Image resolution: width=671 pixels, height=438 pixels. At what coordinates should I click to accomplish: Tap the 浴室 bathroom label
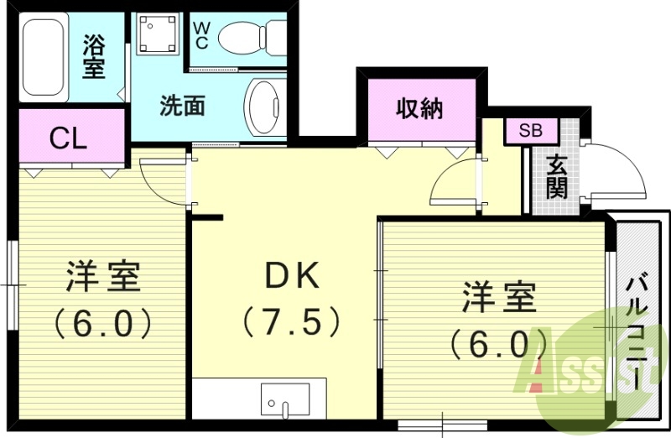[x=94, y=55]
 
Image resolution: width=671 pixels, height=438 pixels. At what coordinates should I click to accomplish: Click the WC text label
[x=201, y=34]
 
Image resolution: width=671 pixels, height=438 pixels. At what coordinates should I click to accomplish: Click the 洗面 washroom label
[x=182, y=107]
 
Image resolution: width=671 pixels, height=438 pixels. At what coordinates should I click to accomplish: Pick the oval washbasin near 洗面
[x=266, y=107]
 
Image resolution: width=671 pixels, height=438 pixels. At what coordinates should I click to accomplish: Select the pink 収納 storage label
[x=419, y=108]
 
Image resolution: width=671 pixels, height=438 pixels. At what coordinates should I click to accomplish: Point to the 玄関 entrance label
[x=556, y=176]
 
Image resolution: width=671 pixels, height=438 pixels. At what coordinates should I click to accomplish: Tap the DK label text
[x=290, y=274]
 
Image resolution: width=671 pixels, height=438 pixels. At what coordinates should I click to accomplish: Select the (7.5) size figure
[x=290, y=321]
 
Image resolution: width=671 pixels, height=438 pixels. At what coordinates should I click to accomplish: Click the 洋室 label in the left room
[x=101, y=276]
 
